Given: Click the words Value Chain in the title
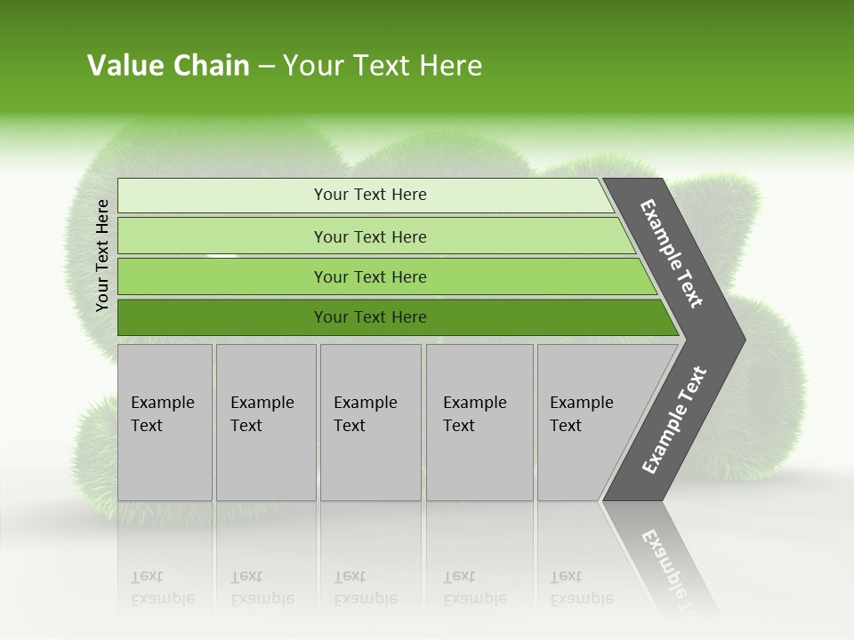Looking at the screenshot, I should [168, 66].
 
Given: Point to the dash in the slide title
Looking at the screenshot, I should [266, 67].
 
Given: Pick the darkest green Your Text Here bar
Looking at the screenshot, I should [370, 317].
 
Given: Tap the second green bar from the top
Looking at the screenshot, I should [370, 236].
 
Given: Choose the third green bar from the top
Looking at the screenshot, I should [370, 277].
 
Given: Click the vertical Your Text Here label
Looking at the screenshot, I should [102, 255].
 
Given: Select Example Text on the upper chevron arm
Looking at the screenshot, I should [672, 253].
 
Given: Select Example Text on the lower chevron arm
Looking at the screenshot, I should [674, 420].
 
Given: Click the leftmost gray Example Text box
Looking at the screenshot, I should [165, 422].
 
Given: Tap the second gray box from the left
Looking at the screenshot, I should [265, 422].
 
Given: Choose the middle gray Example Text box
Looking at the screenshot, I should [370, 422].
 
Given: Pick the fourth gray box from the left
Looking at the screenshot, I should [479, 422].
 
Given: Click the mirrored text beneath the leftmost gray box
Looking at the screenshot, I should [162, 588].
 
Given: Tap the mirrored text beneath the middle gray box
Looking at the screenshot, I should [365, 588].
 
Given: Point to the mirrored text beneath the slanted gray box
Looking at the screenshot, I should [581, 588].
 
